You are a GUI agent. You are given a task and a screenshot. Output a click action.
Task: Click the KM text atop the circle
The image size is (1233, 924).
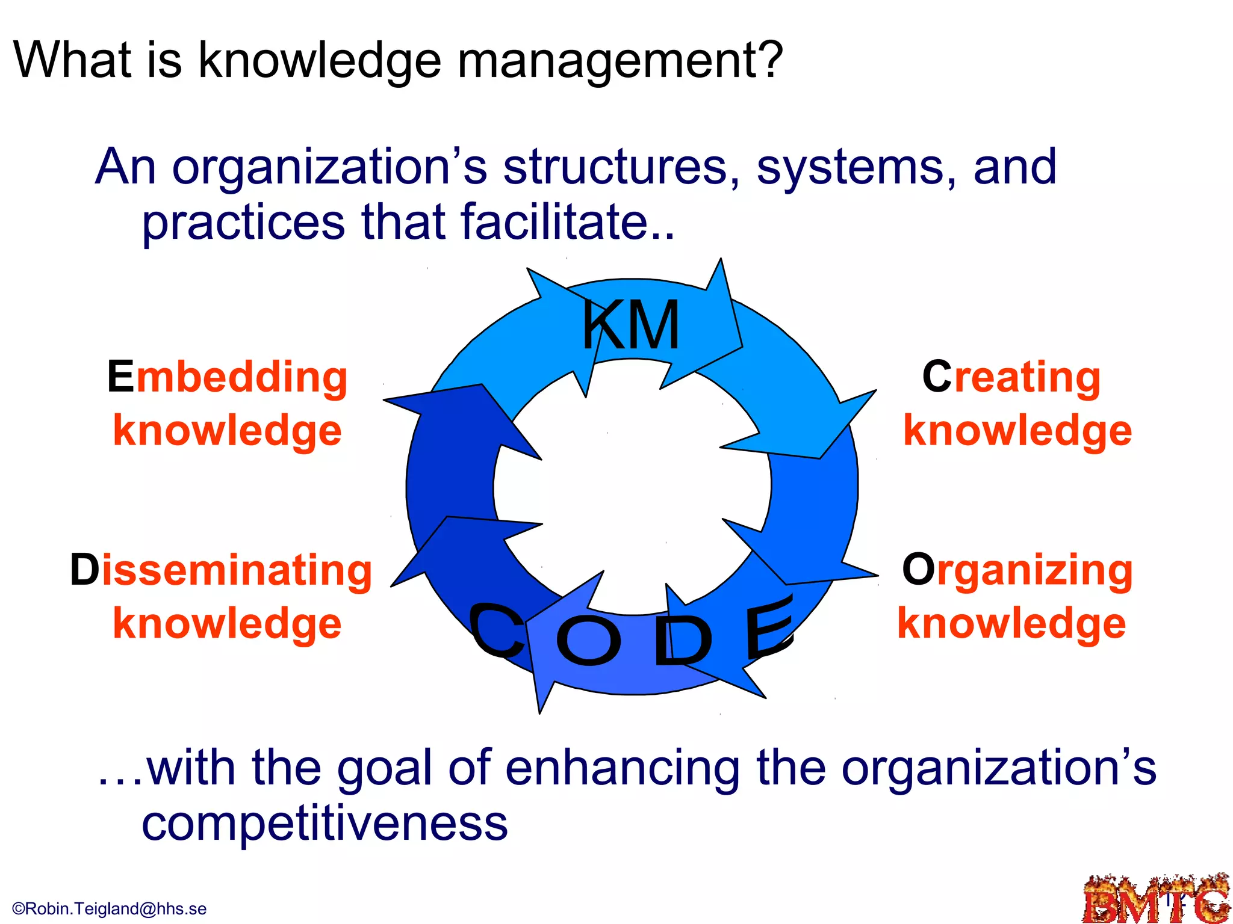point(631,325)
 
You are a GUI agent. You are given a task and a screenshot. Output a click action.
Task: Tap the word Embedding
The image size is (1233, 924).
point(228,377)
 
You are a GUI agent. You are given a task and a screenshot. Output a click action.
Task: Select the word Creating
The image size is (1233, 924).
point(1011,377)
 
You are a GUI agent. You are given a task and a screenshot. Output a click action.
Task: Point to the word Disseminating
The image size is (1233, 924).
point(221,570)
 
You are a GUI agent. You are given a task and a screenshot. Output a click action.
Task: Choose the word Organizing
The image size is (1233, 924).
point(1017,570)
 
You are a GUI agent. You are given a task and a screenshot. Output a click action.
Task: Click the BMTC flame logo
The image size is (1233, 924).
point(1156,899)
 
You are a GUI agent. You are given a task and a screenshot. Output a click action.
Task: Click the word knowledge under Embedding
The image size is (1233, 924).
point(228,431)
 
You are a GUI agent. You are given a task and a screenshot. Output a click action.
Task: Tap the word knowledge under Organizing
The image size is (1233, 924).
point(1011,624)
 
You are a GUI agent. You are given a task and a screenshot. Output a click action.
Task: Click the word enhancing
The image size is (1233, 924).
point(623,769)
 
